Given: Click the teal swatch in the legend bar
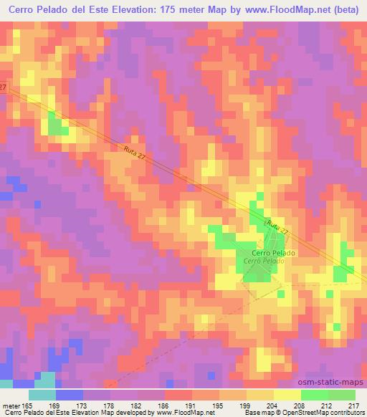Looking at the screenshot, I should coord(42,395).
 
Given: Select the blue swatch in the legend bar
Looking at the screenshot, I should coord(70,395).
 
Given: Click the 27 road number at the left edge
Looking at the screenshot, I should coord(3,87).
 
